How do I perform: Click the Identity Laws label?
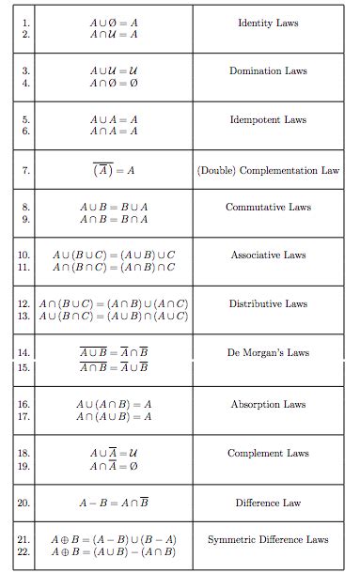point(268,22)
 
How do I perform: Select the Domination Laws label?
point(268,70)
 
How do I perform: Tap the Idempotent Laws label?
point(268,120)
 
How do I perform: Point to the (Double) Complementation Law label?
point(268,171)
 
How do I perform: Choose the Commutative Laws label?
point(268,207)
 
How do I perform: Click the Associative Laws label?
point(268,255)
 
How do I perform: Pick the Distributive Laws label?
point(268,303)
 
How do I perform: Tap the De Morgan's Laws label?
point(268,353)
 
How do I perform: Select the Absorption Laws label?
point(268,404)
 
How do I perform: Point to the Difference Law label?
point(268,503)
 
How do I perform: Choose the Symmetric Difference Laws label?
point(268,539)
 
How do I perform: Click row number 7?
point(26,171)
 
